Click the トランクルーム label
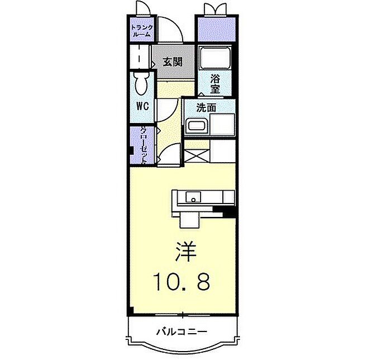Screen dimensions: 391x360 click(x=142, y=31)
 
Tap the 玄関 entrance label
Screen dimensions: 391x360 click(x=173, y=61)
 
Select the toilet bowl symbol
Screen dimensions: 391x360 click(x=141, y=84)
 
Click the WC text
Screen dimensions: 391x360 click(x=142, y=106)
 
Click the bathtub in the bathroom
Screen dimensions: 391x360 click(x=215, y=58)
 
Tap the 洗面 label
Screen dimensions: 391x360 click(x=206, y=108)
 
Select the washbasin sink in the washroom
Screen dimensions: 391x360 click(x=197, y=125)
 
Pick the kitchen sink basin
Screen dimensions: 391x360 click(x=193, y=197)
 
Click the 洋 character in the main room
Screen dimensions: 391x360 click(x=185, y=252)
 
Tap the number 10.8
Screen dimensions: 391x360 click(x=182, y=281)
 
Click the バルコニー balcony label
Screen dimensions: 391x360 click(x=182, y=331)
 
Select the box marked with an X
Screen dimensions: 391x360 click(x=197, y=156)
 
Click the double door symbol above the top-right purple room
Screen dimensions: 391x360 click(x=215, y=10)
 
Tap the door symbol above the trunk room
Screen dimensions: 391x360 click(x=144, y=7)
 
